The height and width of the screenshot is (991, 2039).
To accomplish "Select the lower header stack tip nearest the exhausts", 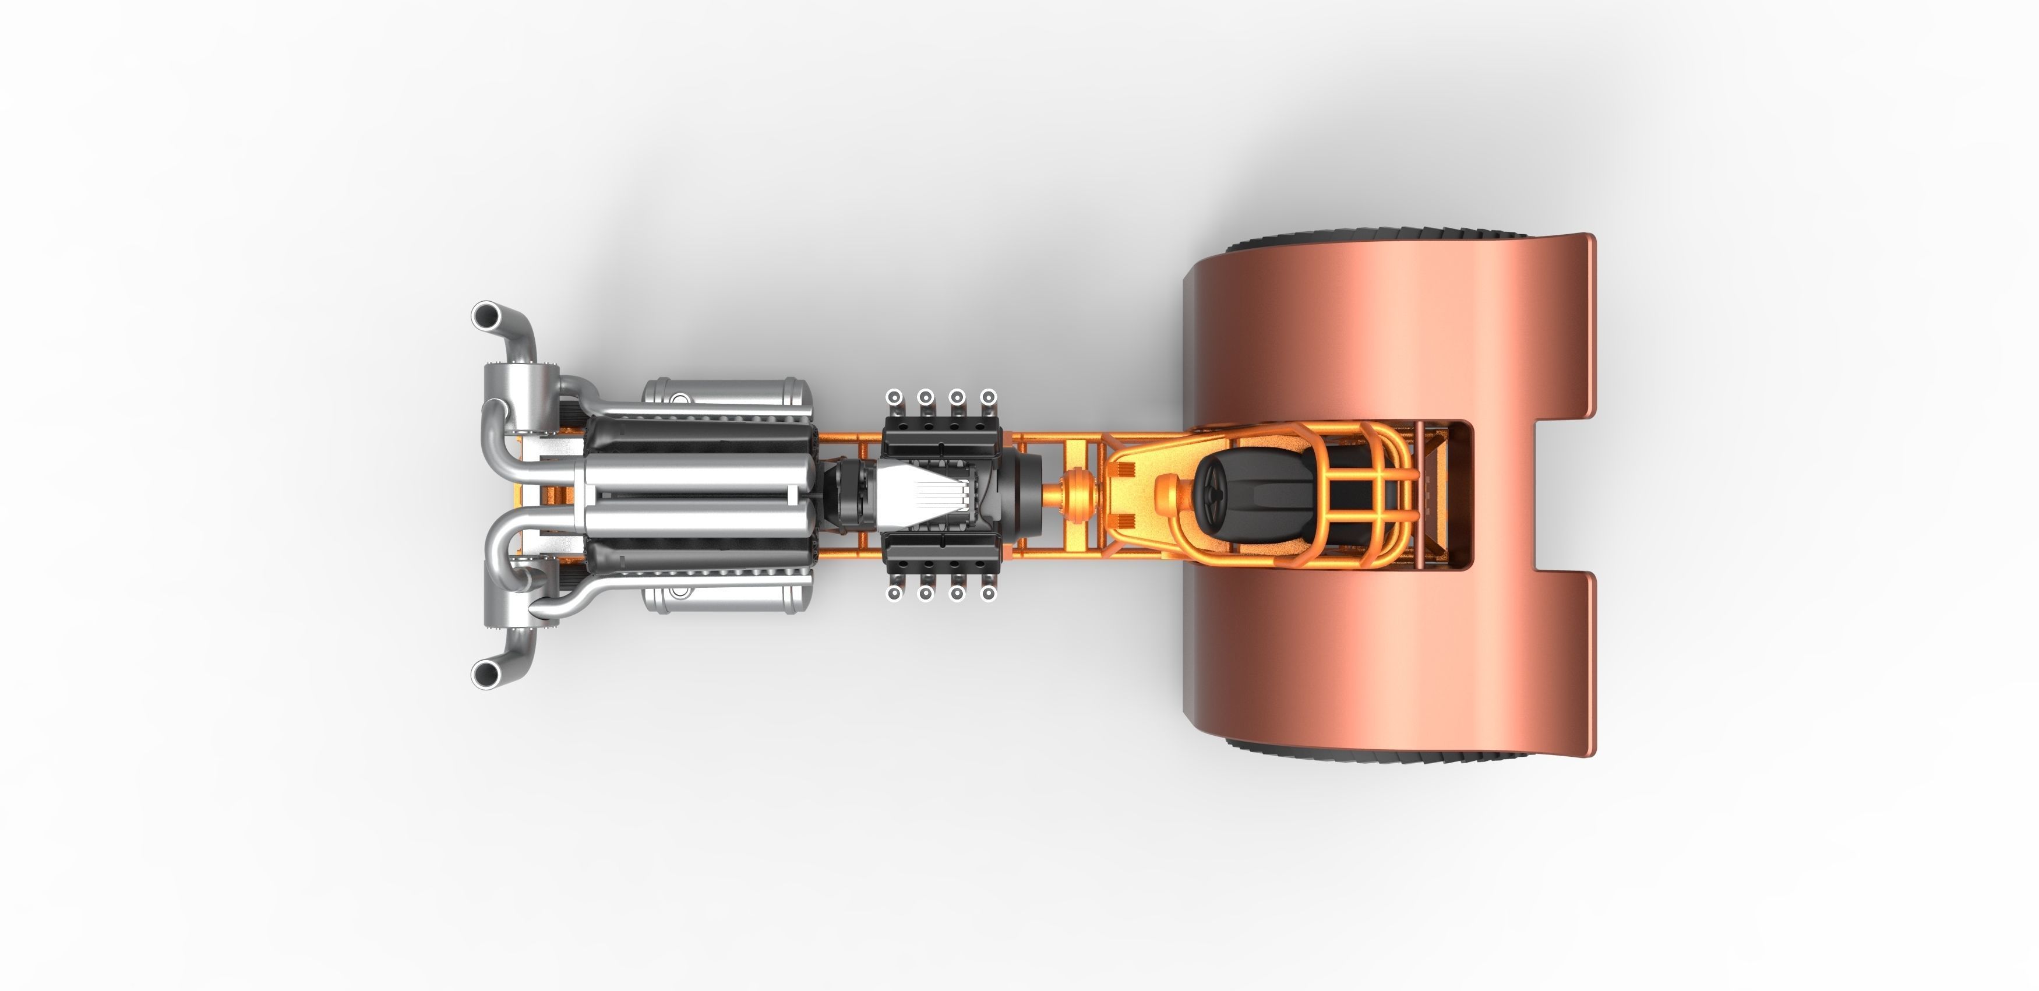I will click(x=894, y=593).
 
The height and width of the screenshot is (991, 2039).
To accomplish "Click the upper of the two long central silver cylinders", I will click(x=697, y=472).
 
